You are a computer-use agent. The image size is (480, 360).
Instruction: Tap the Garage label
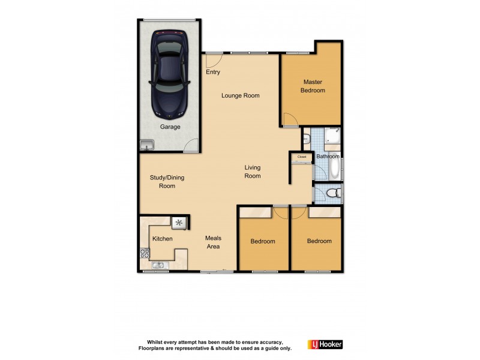pos(170,127)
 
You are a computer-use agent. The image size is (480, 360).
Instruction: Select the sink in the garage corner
pos(147,145)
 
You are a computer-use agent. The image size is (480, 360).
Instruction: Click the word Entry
pos(213,72)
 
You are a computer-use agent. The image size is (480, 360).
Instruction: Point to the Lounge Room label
pos(240,95)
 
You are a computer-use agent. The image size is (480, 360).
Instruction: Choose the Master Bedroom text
pos(313,86)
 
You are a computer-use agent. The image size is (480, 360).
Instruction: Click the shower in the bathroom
pos(332,137)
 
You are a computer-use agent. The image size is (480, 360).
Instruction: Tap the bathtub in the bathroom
pos(335,169)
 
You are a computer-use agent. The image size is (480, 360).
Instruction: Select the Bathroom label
pos(328,157)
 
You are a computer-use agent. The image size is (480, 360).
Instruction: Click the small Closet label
pos(301,157)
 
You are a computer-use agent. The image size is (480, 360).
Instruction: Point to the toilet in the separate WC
pos(335,193)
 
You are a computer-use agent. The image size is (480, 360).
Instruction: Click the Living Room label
pos(253,172)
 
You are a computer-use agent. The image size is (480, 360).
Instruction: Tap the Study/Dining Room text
pos(167,181)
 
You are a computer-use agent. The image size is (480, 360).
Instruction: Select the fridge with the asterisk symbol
pos(179,223)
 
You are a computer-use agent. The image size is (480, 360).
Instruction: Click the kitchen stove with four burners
pos(144,253)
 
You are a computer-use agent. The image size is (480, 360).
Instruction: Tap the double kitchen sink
pos(158,265)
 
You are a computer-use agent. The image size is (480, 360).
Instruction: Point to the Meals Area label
pos(213,242)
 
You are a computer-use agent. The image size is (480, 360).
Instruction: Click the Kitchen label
pos(162,239)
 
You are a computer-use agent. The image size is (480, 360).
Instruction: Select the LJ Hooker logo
pos(325,344)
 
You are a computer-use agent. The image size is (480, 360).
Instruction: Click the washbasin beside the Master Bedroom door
pos(306,140)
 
